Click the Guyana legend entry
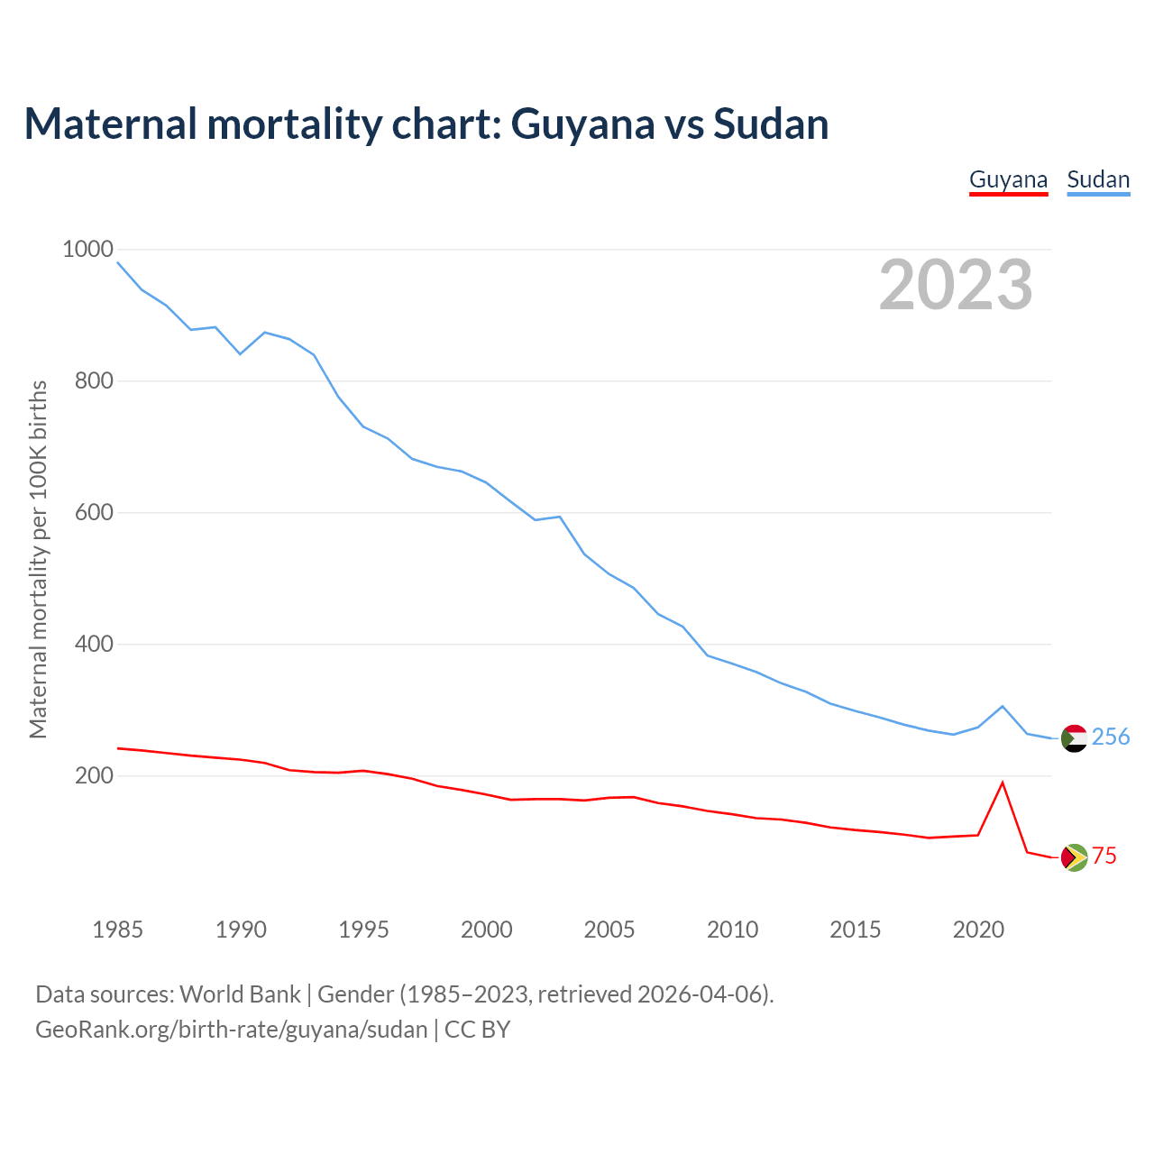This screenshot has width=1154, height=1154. point(1008,179)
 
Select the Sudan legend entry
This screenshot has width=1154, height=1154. point(1098,179)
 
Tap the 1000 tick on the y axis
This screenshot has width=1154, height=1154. point(87,249)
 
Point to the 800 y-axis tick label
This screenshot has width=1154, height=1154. point(94,380)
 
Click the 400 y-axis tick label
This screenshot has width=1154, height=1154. point(94,644)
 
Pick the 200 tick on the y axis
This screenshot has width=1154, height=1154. point(94,775)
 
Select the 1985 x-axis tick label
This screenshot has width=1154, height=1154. point(118,929)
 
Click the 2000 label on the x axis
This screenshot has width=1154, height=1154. point(487,929)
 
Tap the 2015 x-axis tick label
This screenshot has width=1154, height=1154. point(855,929)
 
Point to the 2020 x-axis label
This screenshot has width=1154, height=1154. point(978,929)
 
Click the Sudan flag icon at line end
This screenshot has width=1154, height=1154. point(1074,738)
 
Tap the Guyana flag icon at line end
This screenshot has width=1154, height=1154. point(1074,857)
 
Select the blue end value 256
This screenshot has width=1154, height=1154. point(1111,737)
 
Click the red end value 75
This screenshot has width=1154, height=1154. point(1104,856)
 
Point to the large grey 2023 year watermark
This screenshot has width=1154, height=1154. point(956,285)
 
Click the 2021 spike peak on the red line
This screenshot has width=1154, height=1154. point(1003,783)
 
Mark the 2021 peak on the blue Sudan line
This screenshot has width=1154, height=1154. point(1003,706)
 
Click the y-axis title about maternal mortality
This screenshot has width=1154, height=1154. point(38,559)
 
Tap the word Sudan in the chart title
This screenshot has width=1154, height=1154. point(771,124)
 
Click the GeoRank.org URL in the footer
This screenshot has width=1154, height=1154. point(232,1029)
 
